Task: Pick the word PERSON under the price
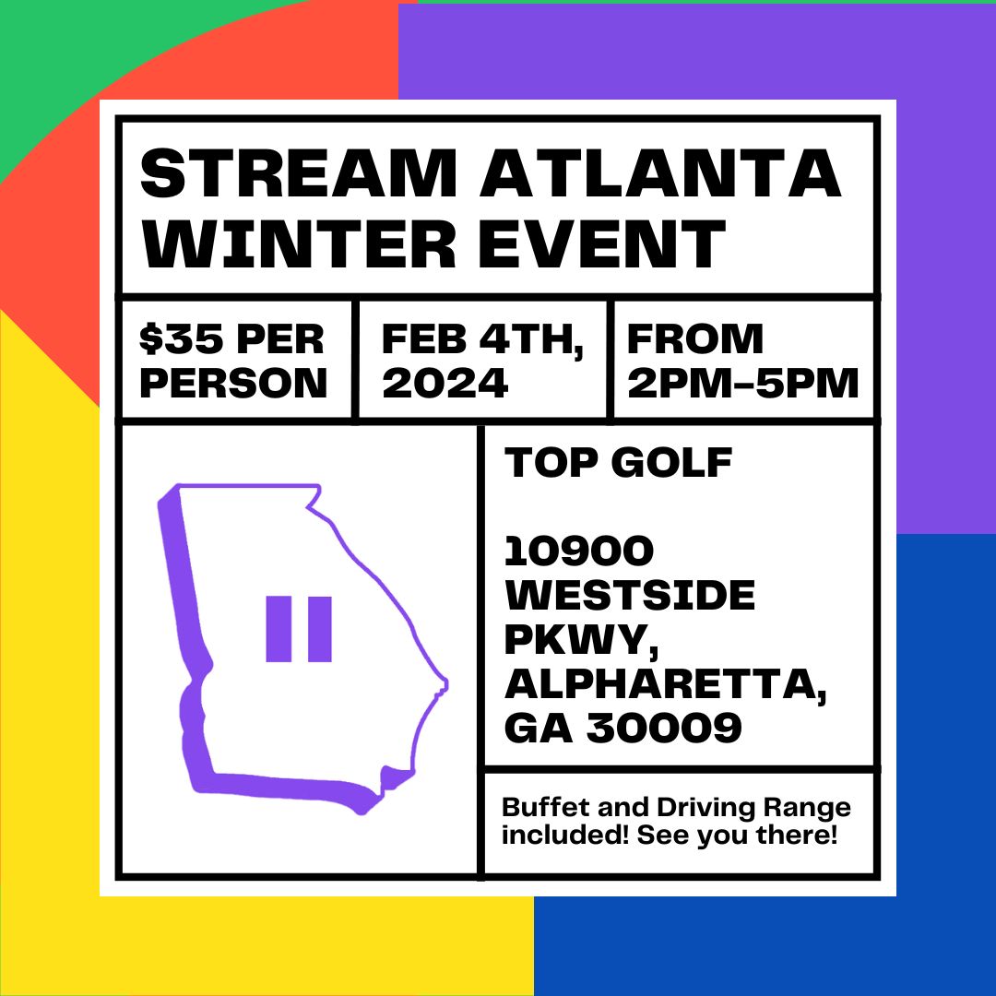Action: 233,382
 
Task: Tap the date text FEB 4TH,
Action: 482,339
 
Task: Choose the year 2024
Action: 445,382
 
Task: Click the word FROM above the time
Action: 695,339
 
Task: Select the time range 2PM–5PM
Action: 742,382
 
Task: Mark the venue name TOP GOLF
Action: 618,463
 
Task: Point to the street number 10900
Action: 579,551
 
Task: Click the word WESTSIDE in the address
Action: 630,596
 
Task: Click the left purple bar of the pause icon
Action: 279,629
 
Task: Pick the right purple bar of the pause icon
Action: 319,629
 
